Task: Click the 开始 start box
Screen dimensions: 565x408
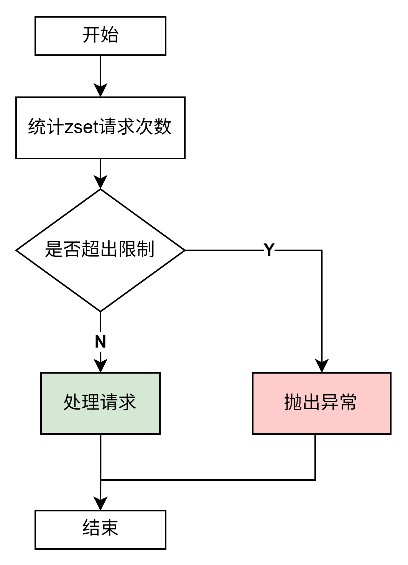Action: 100,36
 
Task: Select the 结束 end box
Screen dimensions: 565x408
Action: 100,529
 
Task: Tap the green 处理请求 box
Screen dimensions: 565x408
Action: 100,403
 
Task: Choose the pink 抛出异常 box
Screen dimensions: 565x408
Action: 321,403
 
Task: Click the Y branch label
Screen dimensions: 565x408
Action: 269,250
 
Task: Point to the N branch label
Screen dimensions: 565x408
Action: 100,342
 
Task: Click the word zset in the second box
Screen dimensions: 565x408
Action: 82,127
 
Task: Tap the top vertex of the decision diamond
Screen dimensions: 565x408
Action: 100,191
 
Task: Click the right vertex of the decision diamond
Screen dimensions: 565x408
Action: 183,250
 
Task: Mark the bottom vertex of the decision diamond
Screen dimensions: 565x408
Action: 100,310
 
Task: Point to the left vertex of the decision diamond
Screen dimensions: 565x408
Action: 18,250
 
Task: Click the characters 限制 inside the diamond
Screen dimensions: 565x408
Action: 136,249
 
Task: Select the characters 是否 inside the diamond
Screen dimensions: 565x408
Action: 63,249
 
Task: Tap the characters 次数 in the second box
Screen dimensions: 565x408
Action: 153,127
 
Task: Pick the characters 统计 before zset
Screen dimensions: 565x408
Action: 46,127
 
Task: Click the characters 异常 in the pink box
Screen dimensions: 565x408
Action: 339,402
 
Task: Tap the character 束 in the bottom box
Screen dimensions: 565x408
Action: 110,528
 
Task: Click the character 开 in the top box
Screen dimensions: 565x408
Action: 91,35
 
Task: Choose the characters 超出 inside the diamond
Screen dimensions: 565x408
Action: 100,249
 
